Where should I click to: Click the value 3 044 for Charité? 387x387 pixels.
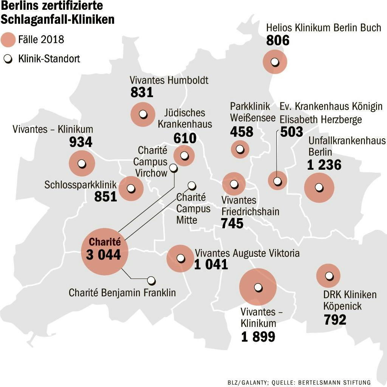click(x=104, y=255)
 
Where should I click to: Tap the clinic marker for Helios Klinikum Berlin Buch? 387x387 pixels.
click(x=276, y=62)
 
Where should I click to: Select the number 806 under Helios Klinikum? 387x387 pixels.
click(x=278, y=40)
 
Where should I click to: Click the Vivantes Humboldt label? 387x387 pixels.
click(x=169, y=80)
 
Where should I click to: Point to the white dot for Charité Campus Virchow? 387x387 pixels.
click(x=173, y=168)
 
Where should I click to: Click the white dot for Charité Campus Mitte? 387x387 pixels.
click(x=192, y=186)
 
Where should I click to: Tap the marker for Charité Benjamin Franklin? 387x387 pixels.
click(x=151, y=280)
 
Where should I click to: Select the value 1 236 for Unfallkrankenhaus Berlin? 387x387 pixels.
click(x=324, y=165)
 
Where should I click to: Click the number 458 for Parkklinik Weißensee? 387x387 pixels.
click(x=241, y=132)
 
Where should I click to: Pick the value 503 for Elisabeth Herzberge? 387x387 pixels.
click(x=291, y=132)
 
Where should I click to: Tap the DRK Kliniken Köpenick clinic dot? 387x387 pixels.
click(x=329, y=276)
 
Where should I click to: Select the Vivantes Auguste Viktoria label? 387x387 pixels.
click(x=247, y=253)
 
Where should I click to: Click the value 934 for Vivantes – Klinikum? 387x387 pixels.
click(x=81, y=142)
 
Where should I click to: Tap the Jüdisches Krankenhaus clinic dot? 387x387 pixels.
click(x=184, y=155)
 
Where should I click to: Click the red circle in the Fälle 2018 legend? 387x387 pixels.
click(x=8, y=40)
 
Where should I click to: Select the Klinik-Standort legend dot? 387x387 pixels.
click(x=8, y=59)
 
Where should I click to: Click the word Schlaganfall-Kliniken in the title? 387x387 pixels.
click(x=57, y=19)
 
